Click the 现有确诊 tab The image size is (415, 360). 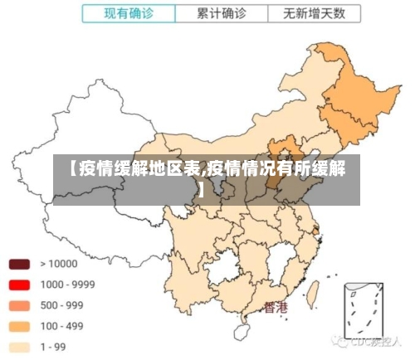click(x=129, y=14)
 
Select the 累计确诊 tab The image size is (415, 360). click(x=222, y=14)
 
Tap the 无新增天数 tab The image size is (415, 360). click(x=315, y=14)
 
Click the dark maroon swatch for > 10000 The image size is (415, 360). click(x=19, y=264)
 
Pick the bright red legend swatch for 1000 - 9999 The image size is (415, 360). click(x=19, y=285)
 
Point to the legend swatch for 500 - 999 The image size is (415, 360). click(x=19, y=305)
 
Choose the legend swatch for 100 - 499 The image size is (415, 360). click(x=19, y=326)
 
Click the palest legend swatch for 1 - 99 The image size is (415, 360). click(x=19, y=347)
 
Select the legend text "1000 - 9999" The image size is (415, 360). click(x=67, y=285)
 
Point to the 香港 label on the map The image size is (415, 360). click(x=276, y=308)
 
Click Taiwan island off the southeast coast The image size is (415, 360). click(x=314, y=292)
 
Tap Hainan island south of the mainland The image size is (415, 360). click(x=242, y=333)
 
